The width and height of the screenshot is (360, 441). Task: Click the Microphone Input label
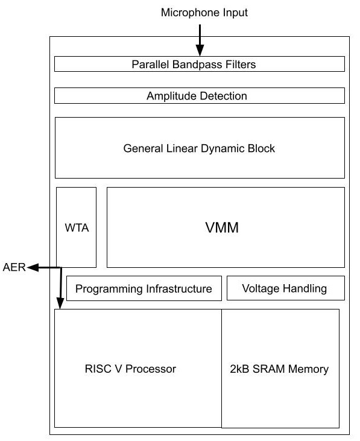click(x=204, y=13)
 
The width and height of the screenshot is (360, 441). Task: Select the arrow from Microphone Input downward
click(x=200, y=40)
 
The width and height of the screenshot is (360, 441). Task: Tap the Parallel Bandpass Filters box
click(x=200, y=64)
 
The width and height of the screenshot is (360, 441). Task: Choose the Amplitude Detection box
click(x=200, y=96)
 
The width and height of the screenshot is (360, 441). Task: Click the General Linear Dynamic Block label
click(x=199, y=148)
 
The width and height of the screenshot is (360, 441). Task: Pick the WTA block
click(x=76, y=227)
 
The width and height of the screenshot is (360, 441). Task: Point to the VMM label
click(x=222, y=227)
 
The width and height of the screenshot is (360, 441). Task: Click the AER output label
click(x=14, y=267)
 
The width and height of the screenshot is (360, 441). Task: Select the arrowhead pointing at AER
click(x=33, y=267)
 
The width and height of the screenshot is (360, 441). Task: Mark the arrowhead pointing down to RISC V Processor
click(x=60, y=303)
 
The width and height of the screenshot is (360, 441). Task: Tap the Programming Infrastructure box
click(x=144, y=288)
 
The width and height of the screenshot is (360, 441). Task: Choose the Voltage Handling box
click(x=285, y=288)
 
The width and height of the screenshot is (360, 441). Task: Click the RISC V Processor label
click(x=130, y=369)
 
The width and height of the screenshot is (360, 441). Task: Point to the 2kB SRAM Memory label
click(x=279, y=369)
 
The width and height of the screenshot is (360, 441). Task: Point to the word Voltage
click(x=261, y=288)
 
